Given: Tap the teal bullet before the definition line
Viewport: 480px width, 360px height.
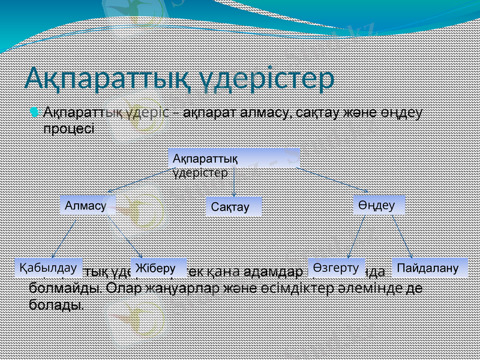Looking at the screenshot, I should pyautogui.click(x=35, y=112).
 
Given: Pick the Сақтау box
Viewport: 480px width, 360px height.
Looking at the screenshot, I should pyautogui.click(x=233, y=206).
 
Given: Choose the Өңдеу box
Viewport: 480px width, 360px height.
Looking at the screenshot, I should pyautogui.click(x=379, y=205).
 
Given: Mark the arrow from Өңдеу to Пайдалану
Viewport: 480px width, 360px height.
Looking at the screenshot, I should pyautogui.click(x=401, y=237).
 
